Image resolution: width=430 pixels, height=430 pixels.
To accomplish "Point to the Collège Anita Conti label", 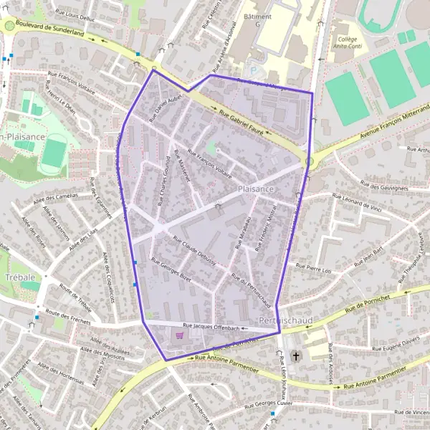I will point(348,44).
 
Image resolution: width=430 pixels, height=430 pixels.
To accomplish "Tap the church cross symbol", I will point(297,355).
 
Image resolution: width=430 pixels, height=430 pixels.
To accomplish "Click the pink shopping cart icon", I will point(179,335).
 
